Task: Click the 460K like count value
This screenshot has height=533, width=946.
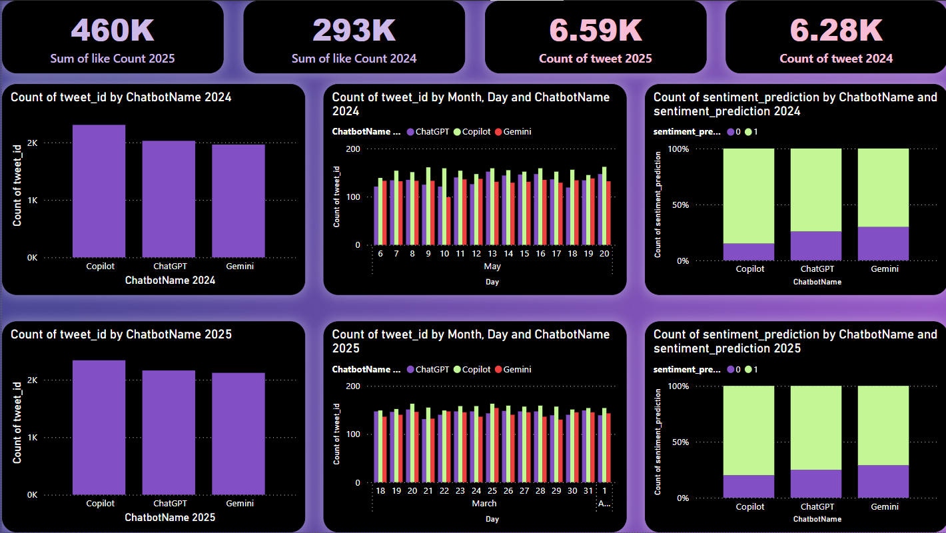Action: (x=112, y=30)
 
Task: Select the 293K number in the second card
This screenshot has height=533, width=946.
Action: (x=354, y=30)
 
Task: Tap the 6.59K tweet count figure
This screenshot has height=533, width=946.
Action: (x=595, y=30)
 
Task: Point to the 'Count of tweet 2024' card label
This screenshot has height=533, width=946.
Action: (x=836, y=59)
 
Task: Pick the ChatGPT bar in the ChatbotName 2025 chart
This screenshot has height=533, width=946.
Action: (x=170, y=432)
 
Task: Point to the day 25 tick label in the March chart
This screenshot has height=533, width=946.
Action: (x=492, y=491)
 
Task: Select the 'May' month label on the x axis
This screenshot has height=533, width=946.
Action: (x=492, y=266)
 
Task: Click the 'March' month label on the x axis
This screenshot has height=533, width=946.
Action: (x=484, y=504)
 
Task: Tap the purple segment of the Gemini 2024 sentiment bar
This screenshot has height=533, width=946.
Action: (x=883, y=244)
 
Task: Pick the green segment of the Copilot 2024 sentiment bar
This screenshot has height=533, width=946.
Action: (x=749, y=196)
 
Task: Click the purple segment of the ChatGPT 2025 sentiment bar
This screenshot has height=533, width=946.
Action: (x=816, y=484)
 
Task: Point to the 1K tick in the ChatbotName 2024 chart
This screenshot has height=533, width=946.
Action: (x=32, y=201)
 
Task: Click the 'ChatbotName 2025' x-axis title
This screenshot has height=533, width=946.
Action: (x=170, y=518)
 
